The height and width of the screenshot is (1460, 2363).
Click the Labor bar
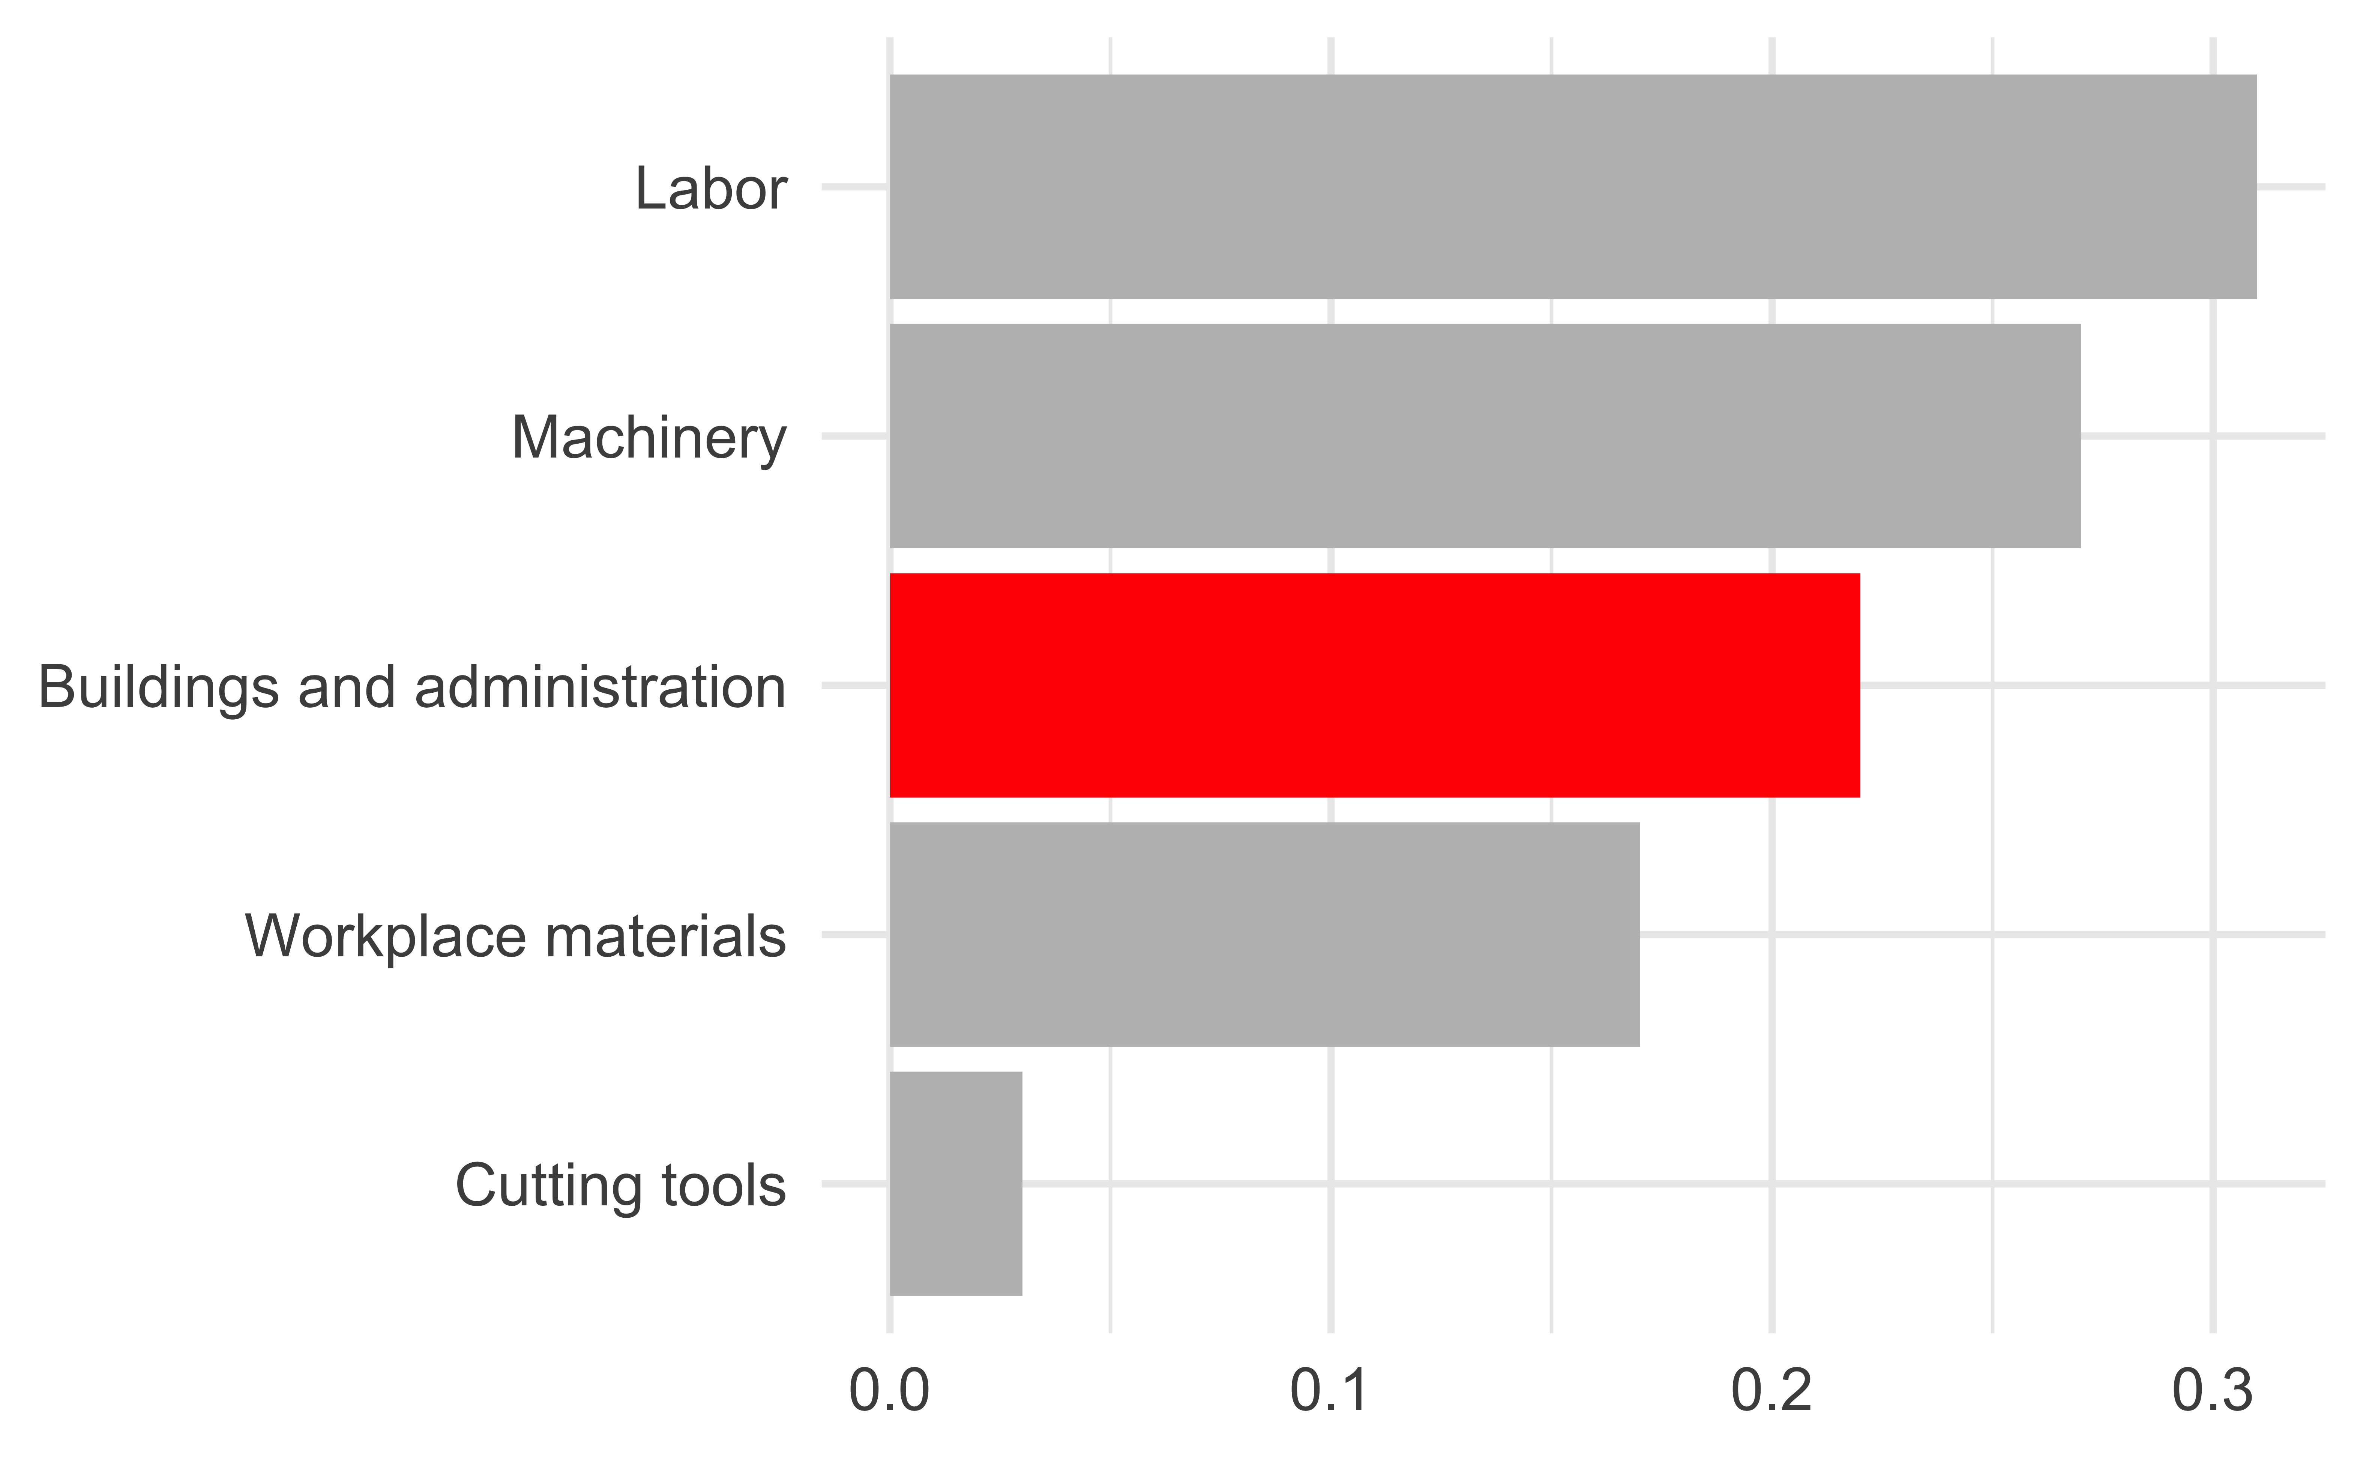point(1572,186)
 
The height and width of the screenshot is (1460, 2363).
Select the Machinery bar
point(1484,437)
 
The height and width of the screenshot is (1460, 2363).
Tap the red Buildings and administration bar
point(1374,686)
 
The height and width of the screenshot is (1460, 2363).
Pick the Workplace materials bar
point(1264,935)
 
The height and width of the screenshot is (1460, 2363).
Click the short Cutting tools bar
point(955,1184)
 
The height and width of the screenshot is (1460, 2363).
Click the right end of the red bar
point(1857,686)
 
